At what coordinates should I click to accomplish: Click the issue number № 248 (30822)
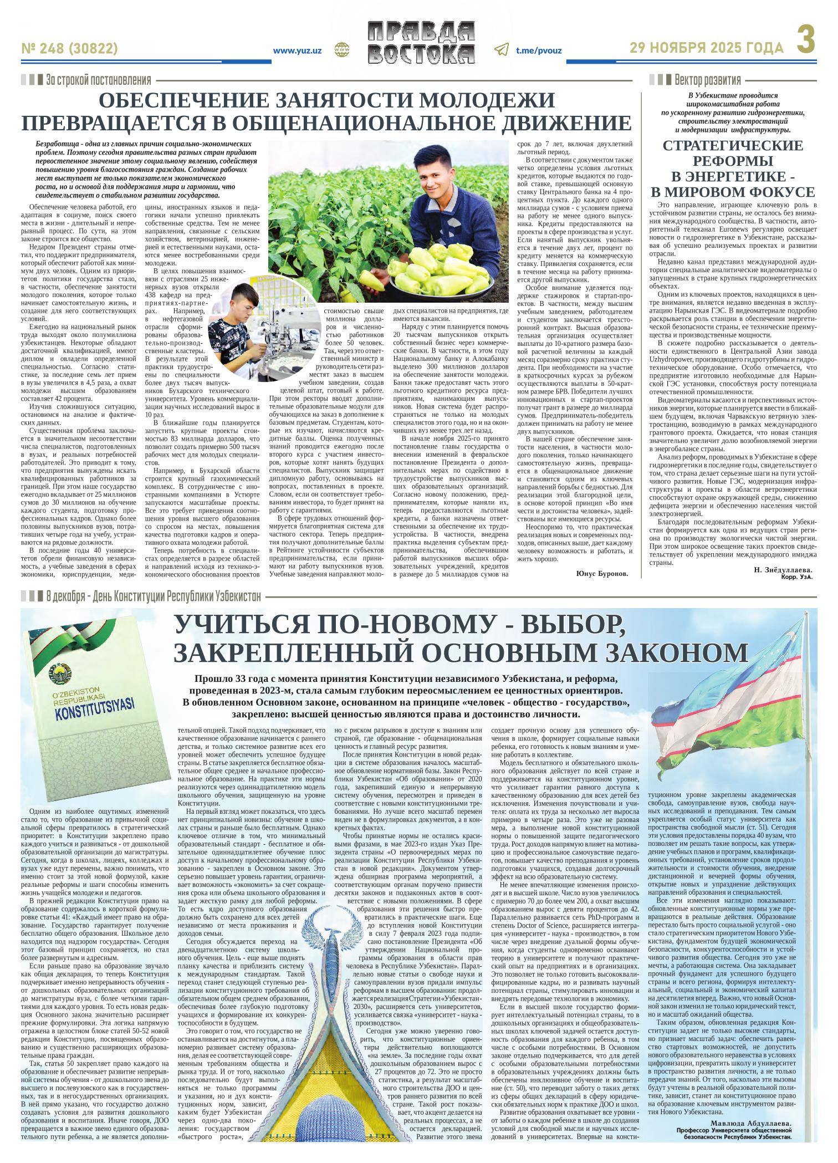coord(69,49)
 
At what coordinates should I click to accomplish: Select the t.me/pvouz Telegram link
coord(539,50)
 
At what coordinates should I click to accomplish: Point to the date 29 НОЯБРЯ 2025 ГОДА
coord(707,48)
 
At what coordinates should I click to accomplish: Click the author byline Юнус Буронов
coord(602,573)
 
